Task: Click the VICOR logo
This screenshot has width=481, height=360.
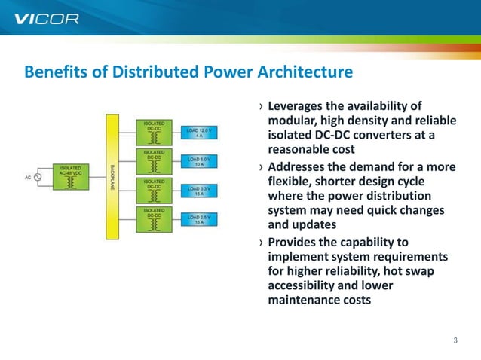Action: coord(47,18)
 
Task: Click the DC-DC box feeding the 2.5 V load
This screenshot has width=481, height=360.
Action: coord(154,220)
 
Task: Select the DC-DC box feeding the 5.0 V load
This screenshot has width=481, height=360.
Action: coord(154,161)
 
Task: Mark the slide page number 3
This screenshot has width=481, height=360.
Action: coord(455,341)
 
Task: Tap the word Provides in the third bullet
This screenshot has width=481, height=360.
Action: coord(293,242)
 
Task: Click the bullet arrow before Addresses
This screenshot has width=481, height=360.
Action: coord(261,167)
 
